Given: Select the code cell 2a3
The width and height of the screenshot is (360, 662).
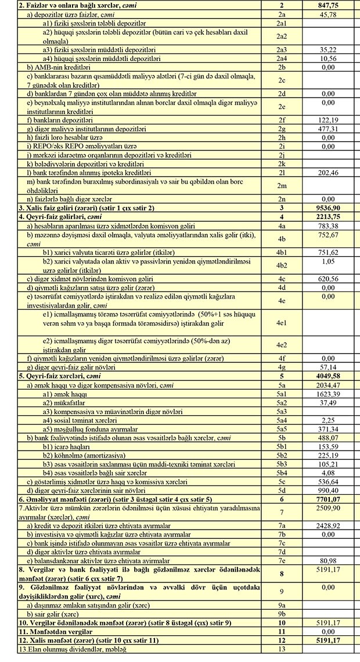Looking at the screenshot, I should point(281,50).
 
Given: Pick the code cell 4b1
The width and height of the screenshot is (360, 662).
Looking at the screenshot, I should point(281,253).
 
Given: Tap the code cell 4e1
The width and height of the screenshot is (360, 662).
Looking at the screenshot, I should point(281,322).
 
